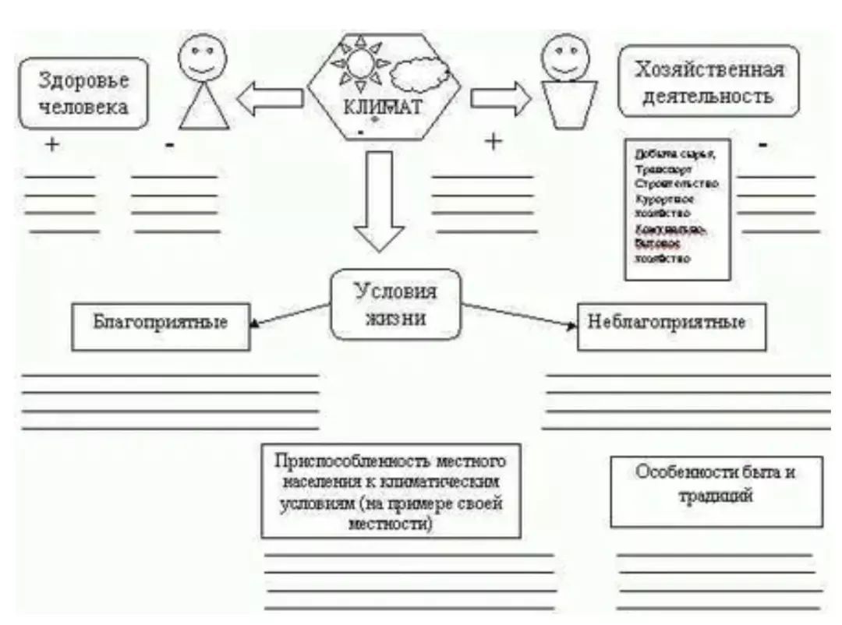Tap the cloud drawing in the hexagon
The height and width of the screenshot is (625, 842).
pyautogui.click(x=420, y=76)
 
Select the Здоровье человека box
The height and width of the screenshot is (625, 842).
pyautogui.click(x=83, y=93)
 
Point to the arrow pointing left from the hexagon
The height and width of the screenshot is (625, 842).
pyautogui.click(x=269, y=98)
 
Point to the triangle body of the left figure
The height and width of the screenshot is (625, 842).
pyautogui.click(x=203, y=110)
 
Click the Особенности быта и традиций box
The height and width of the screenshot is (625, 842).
pyautogui.click(x=716, y=485)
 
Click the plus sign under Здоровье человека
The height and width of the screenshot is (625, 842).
pyautogui.click(x=51, y=144)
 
